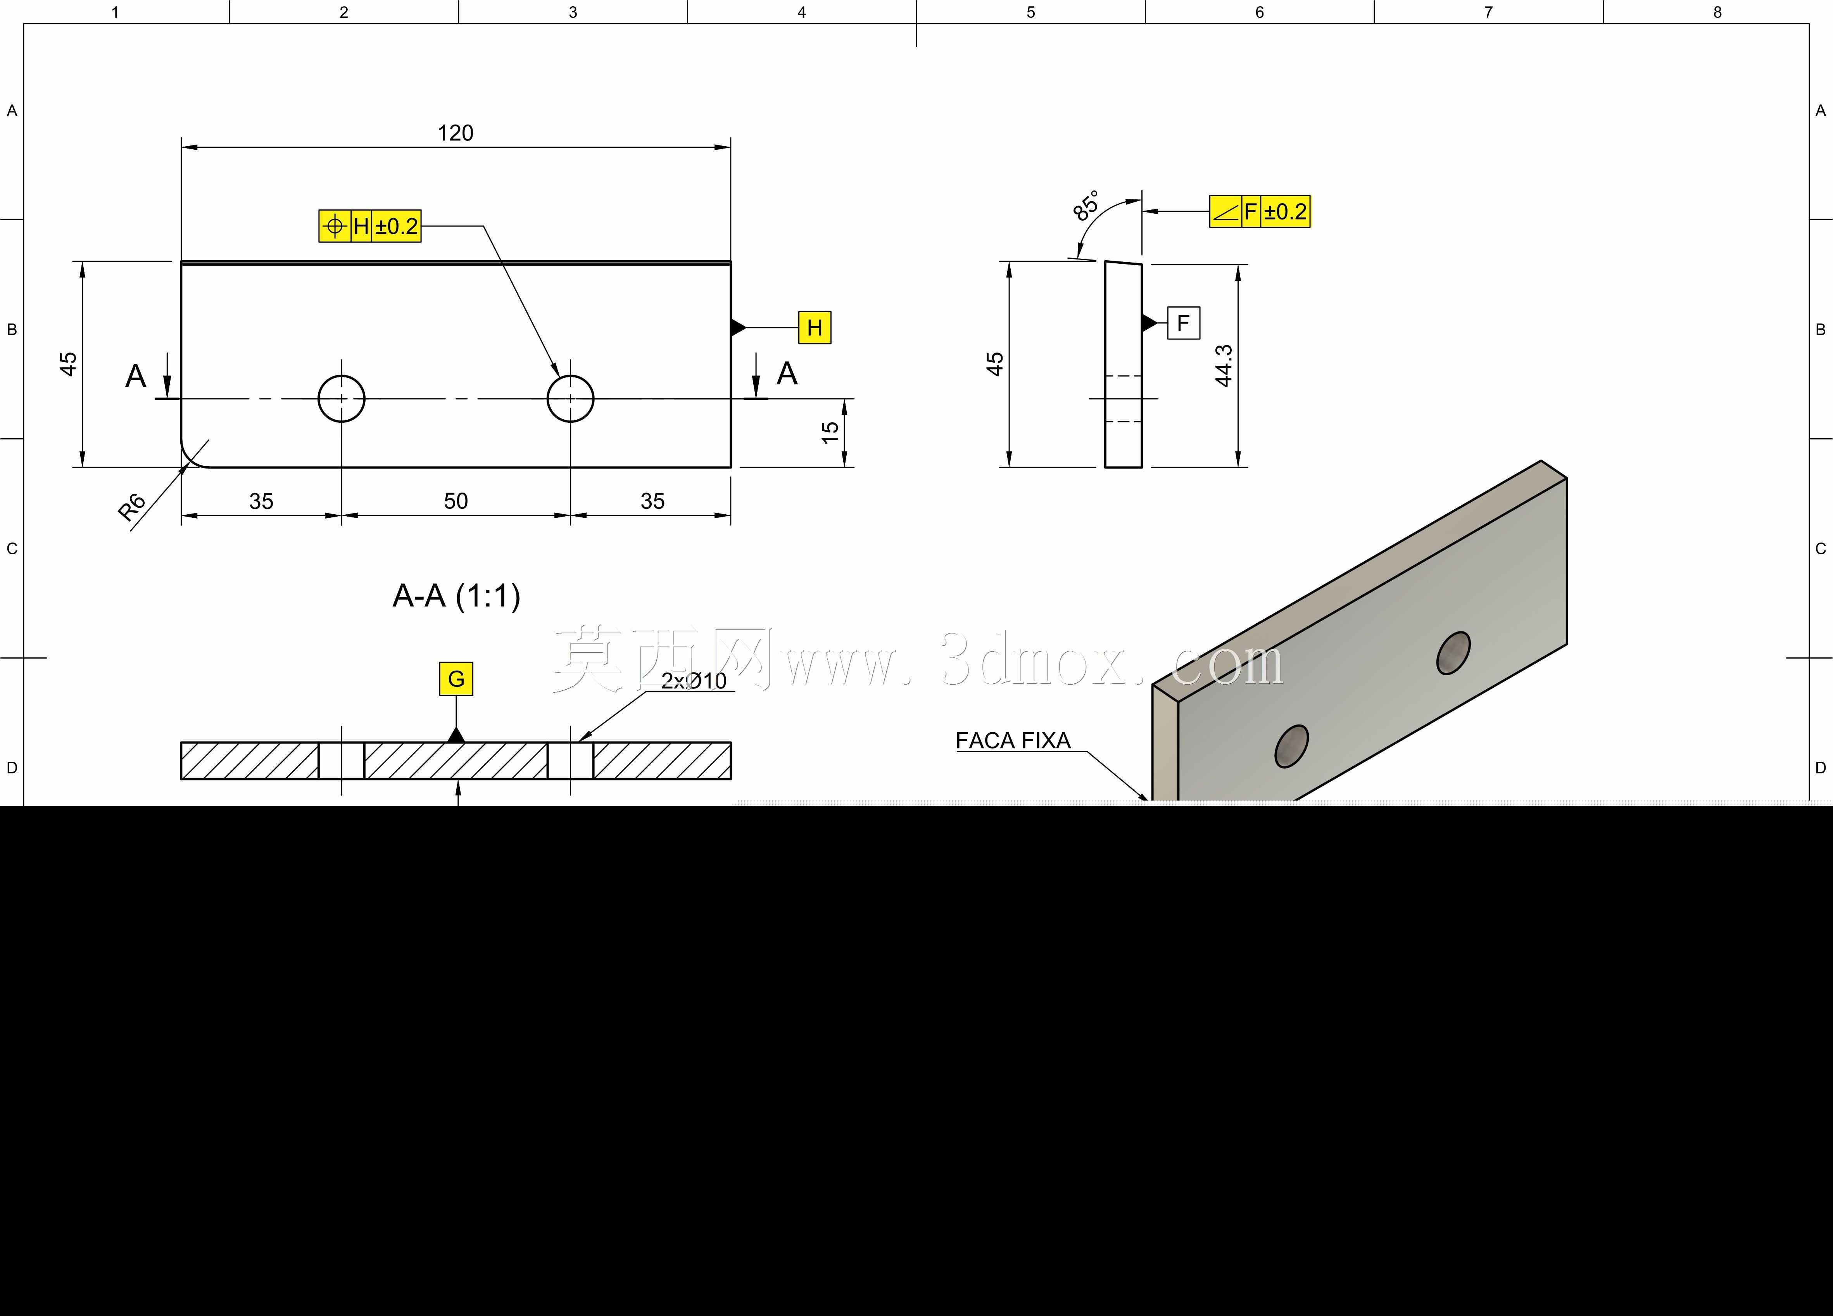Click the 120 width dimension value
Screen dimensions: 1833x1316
[455, 133]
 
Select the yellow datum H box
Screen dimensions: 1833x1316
[815, 327]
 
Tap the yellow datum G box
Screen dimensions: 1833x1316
[456, 679]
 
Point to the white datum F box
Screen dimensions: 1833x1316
[1183, 323]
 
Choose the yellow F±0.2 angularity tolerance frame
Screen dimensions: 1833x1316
[1259, 212]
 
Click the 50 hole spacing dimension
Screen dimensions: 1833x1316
[456, 501]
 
